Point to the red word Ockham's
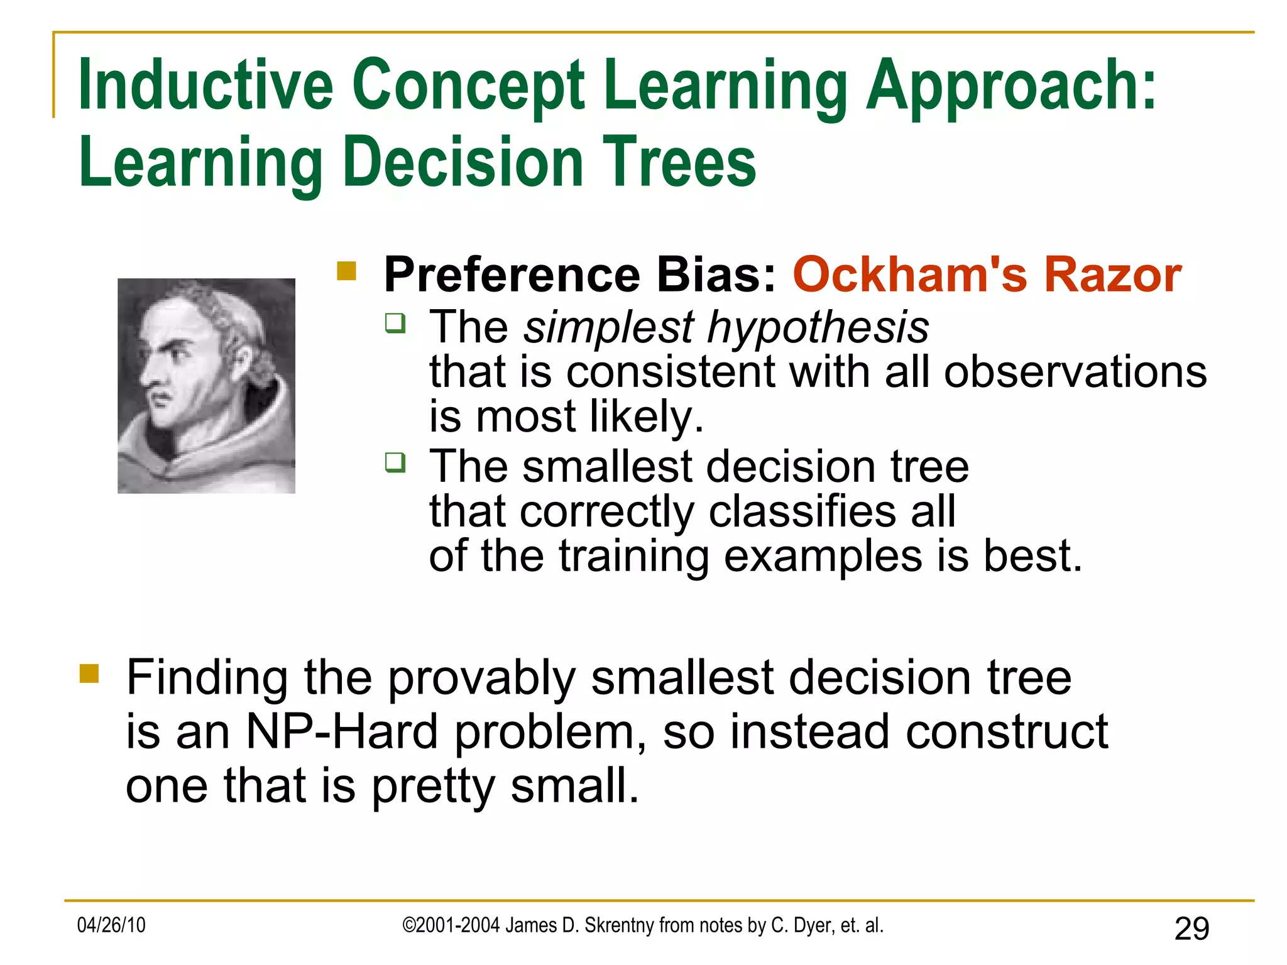point(909,275)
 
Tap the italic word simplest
point(608,328)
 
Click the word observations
point(1075,372)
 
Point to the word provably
point(481,679)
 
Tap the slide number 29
point(1191,929)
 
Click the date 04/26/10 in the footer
point(111,925)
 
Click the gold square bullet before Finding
point(89,673)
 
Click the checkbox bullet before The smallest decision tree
point(395,463)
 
